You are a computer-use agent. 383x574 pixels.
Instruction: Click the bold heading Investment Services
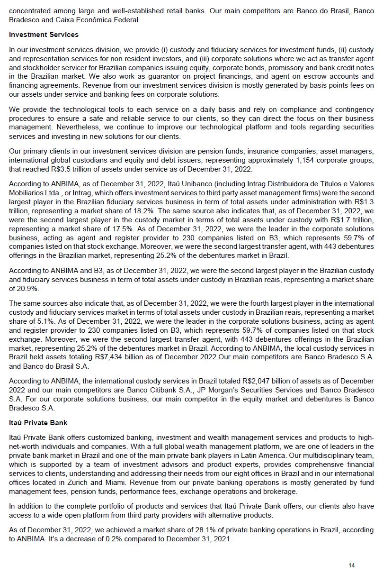click(44, 35)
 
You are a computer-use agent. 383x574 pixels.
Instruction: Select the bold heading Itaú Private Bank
click(38, 422)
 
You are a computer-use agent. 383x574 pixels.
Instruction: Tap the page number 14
click(351, 565)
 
